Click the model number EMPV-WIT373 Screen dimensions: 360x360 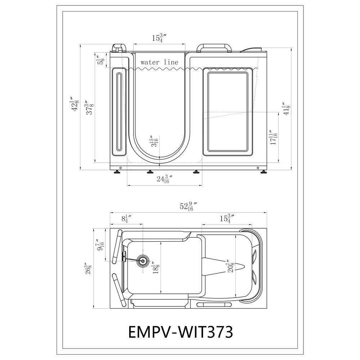tap(180, 332)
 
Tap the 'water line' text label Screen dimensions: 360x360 tap(159, 62)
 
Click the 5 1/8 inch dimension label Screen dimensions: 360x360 tap(101, 61)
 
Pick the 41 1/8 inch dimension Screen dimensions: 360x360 tap(286, 109)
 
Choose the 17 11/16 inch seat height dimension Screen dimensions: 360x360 tap(274, 137)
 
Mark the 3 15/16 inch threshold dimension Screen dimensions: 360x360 tap(154, 141)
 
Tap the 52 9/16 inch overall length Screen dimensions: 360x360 tap(188, 206)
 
